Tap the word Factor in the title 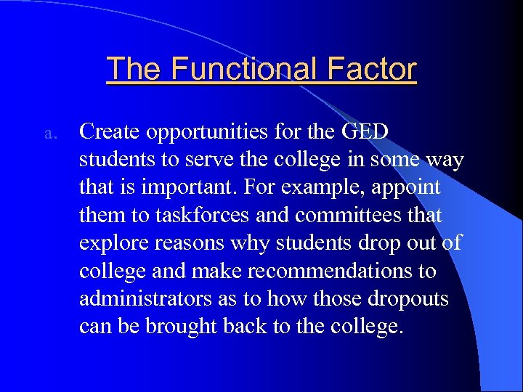[x=372, y=69]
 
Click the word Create [x=111, y=132]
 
